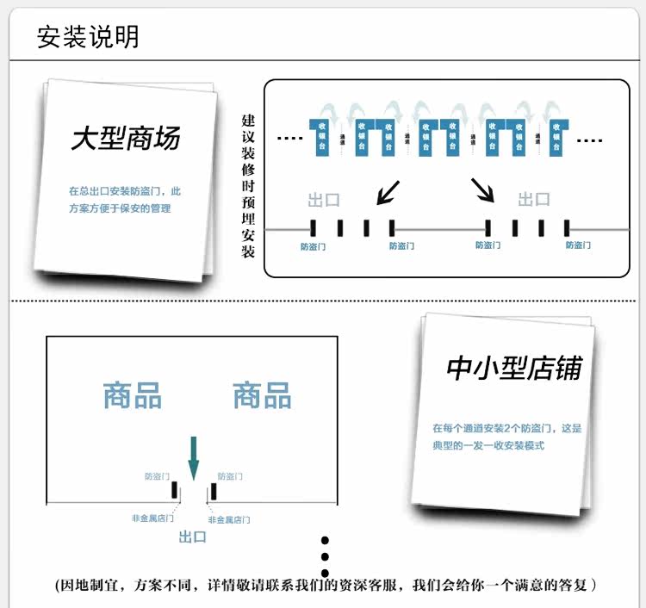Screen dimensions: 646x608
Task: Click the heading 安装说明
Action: [x=88, y=37]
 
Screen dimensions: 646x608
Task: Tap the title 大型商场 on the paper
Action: [x=125, y=139]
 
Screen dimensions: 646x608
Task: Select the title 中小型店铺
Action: [x=513, y=368]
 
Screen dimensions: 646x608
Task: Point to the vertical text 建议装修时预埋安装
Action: [x=248, y=186]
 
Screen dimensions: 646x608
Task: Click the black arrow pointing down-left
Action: [x=388, y=191]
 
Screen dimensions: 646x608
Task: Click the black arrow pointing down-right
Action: [x=482, y=189]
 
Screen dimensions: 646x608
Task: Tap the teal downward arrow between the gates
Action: [x=193, y=458]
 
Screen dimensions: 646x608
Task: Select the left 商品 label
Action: [x=133, y=395]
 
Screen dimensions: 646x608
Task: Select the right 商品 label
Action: [x=262, y=395]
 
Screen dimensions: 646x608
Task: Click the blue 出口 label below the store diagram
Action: [x=193, y=537]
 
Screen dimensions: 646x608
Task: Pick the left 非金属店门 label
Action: [x=152, y=518]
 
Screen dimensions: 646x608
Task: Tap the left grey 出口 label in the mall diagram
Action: [x=324, y=200]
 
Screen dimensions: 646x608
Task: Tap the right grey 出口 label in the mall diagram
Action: [x=534, y=199]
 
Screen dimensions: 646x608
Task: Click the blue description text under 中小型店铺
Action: [x=507, y=437]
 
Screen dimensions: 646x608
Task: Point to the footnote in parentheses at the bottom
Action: [x=326, y=586]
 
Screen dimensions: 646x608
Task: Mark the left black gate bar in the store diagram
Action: [x=174, y=490]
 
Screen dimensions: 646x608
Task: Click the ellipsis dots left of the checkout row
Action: [x=289, y=138]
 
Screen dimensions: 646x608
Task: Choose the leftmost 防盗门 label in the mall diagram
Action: [x=314, y=245]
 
